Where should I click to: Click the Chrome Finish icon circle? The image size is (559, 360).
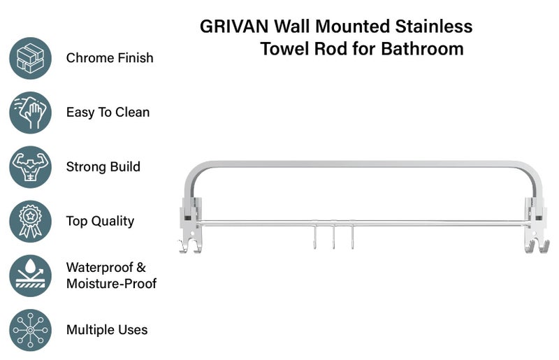click(31, 58)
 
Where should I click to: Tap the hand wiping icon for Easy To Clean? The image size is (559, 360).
click(31, 113)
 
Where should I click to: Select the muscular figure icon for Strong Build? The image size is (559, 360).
click(31, 167)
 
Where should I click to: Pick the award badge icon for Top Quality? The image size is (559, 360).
click(31, 222)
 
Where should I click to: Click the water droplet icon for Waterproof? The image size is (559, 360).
click(31, 275)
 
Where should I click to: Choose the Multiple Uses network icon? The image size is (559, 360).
click(31, 330)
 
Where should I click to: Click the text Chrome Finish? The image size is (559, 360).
click(110, 58)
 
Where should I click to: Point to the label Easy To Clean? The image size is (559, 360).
click(108, 113)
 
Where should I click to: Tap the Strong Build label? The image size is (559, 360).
click(103, 167)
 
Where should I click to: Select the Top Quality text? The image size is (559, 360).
click(100, 222)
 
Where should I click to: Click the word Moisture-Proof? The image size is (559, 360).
click(111, 284)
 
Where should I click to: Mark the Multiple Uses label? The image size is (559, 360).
click(107, 330)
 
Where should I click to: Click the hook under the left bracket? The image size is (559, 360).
click(189, 245)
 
